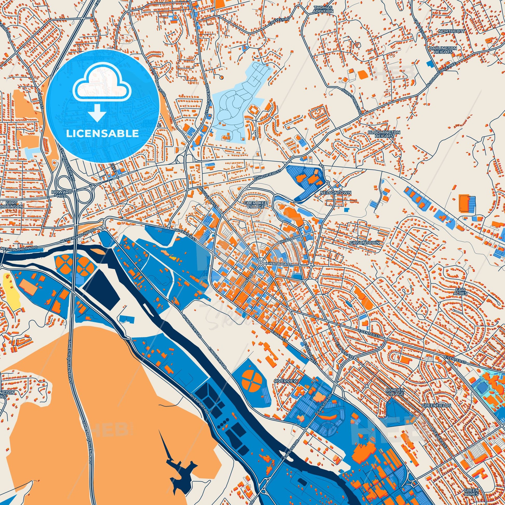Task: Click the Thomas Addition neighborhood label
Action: point(324,10)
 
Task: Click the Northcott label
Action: point(448,38)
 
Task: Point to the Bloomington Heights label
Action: point(384,134)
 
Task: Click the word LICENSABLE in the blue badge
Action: point(102,133)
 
